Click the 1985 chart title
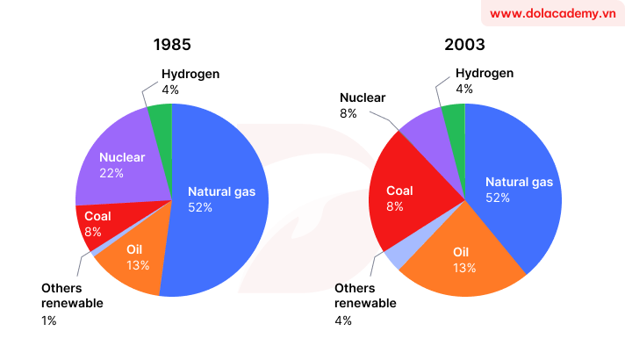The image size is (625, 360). click(171, 45)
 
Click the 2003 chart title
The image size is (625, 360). click(464, 45)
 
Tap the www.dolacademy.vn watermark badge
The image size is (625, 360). click(550, 14)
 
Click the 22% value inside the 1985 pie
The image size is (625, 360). click(111, 173)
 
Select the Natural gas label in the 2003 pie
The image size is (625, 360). click(519, 183)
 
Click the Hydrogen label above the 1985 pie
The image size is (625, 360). click(190, 74)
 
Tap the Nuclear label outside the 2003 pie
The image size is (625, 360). click(363, 97)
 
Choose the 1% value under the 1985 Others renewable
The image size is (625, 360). click(49, 320)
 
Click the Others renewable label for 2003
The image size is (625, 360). click(365, 296)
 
